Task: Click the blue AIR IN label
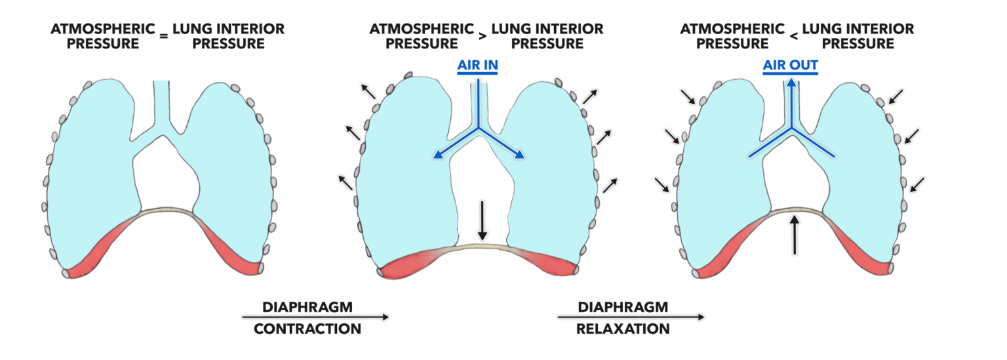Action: (477, 66)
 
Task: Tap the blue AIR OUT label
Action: (790, 66)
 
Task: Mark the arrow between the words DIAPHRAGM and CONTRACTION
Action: (315, 317)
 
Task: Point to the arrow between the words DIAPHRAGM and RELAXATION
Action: (631, 317)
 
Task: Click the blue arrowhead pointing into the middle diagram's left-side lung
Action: (435, 156)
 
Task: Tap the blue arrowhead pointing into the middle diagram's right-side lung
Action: (522, 156)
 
